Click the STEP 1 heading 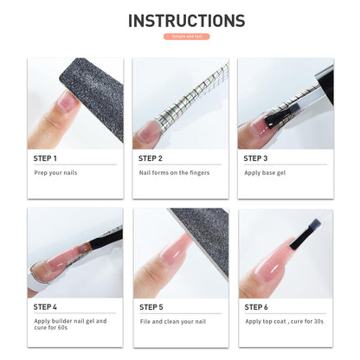[45, 158]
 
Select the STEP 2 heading [151, 158]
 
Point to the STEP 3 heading [256, 158]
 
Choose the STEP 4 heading [45, 306]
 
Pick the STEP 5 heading [151, 306]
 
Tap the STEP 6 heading [256, 306]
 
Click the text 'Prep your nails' [55, 172]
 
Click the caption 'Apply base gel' [265, 172]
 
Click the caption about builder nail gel [70, 325]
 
